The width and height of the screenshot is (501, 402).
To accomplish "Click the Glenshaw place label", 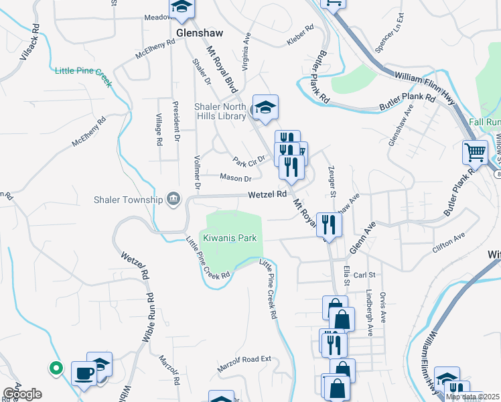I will click(198, 31).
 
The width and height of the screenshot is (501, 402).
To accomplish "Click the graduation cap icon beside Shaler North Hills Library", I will click(265, 107).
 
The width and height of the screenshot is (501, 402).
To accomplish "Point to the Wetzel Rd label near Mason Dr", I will click(267, 194).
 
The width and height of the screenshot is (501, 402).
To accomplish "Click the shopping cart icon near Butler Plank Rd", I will click(475, 152).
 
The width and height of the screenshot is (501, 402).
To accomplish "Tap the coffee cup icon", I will click(84, 373).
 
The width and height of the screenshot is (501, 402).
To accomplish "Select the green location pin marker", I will click(56, 367).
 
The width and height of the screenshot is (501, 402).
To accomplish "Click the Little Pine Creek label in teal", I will click(82, 71).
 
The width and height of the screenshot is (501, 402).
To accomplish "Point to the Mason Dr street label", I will click(235, 178).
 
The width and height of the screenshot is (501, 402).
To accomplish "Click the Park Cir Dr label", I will click(249, 160).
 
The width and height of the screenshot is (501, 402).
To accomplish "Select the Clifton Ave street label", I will click(449, 237).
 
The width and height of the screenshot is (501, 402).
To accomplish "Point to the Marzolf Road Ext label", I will click(244, 364).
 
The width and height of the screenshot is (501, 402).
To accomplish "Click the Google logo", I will click(21, 394).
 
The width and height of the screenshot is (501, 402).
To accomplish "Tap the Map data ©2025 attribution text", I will click(473, 397).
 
